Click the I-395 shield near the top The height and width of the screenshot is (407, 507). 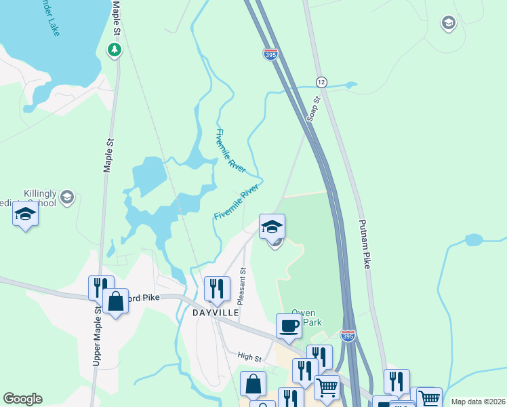tap(270, 54)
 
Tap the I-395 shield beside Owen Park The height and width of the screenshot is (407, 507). tap(348, 335)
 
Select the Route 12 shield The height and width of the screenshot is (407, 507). tap(321, 81)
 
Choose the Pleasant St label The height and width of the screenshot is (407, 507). tap(243, 285)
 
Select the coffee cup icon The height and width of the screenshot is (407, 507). tap(289, 326)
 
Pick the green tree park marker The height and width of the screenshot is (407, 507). tap(115, 50)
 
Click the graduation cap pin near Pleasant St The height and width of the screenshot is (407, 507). tap(272, 226)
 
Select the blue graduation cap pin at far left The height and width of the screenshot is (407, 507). tap(25, 214)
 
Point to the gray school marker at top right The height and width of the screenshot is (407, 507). tap(447, 24)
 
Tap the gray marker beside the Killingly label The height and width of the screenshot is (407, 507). tap(66, 197)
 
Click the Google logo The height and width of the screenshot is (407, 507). tap(22, 399)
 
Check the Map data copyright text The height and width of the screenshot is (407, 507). tap(477, 402)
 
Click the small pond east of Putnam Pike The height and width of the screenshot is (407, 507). tap(473, 239)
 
